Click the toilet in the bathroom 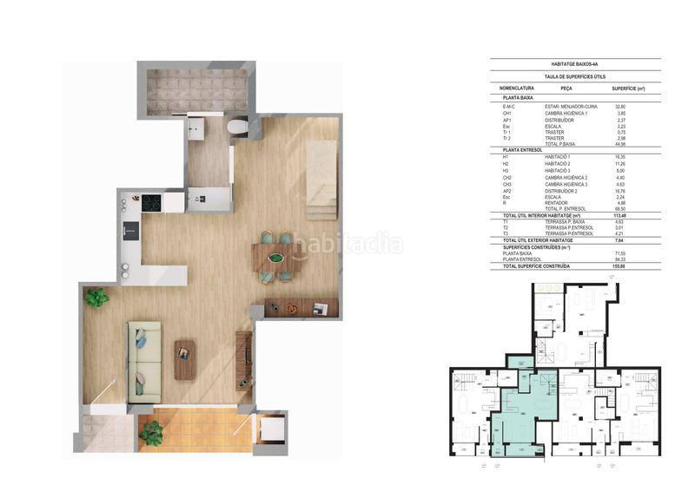(237, 128)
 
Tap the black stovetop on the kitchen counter (151, 203)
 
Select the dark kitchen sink (130, 230)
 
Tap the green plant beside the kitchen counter (96, 297)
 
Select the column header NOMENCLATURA (517, 88)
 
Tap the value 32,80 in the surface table (620, 107)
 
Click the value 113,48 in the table (620, 214)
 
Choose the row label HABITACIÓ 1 (558, 157)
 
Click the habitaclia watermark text (347, 244)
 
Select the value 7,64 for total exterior (620, 239)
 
